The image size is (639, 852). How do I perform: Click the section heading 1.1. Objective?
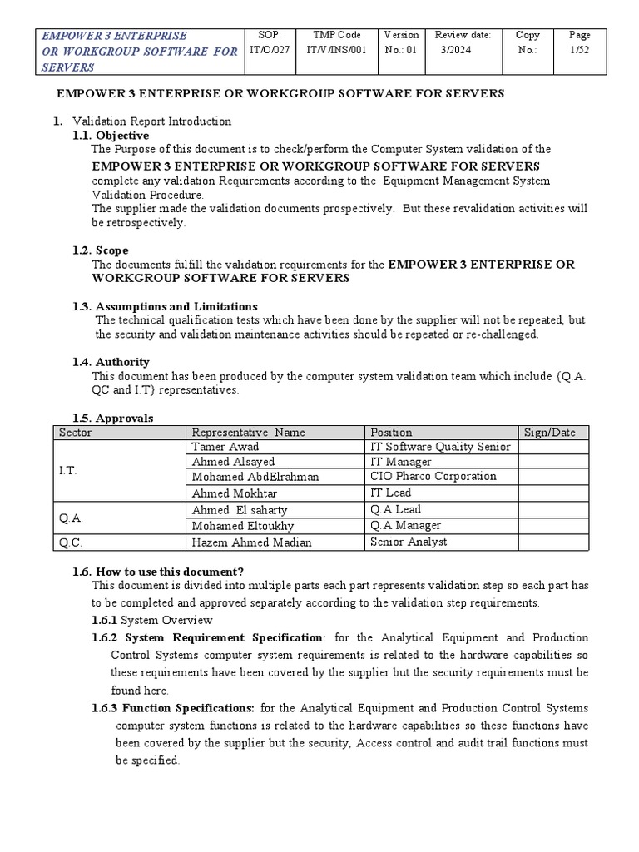coord(111,136)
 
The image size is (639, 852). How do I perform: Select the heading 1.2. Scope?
coord(101,250)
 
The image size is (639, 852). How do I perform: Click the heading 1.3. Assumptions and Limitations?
coord(165,306)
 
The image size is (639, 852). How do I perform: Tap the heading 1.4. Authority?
coord(111,362)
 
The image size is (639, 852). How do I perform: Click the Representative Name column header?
coord(248,433)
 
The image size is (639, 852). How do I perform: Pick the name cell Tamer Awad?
coord(225,447)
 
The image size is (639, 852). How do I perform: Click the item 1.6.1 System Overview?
coord(152,621)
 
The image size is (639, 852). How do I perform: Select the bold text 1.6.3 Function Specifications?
coord(173,708)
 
